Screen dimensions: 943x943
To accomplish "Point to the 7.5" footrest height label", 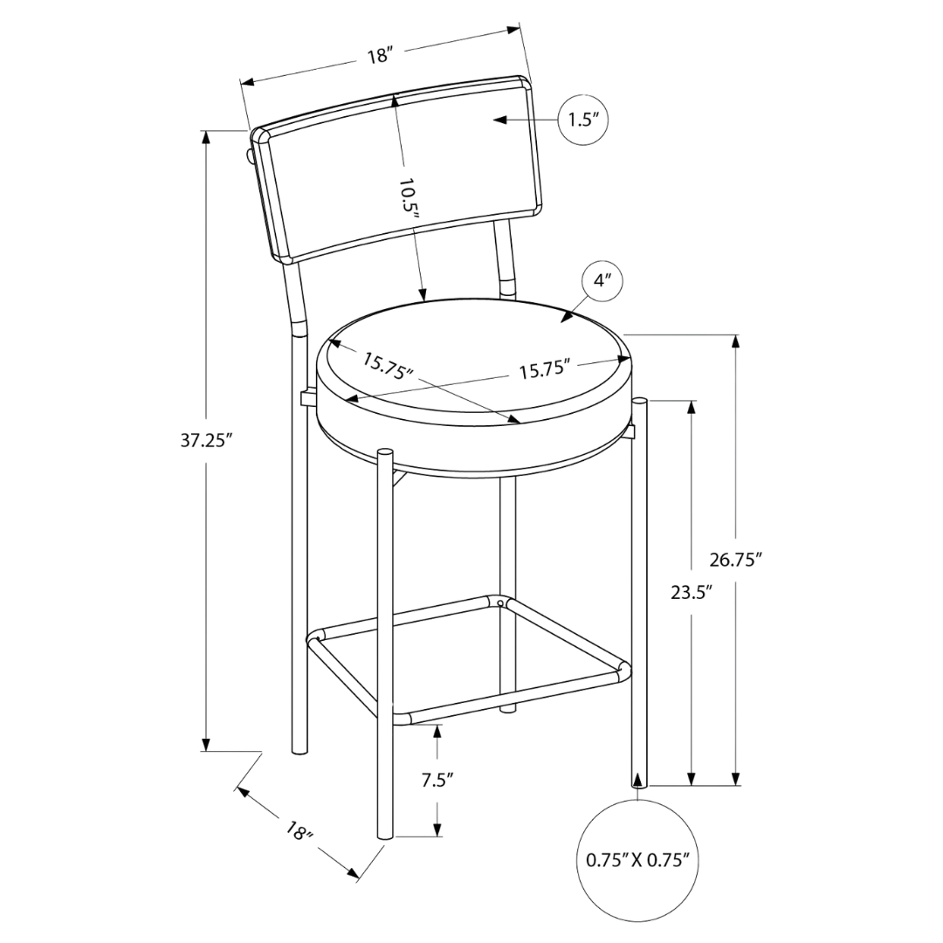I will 437,780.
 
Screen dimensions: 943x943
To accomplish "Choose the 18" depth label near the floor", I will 299,830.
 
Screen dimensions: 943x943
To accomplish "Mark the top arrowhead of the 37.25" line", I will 206,135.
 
